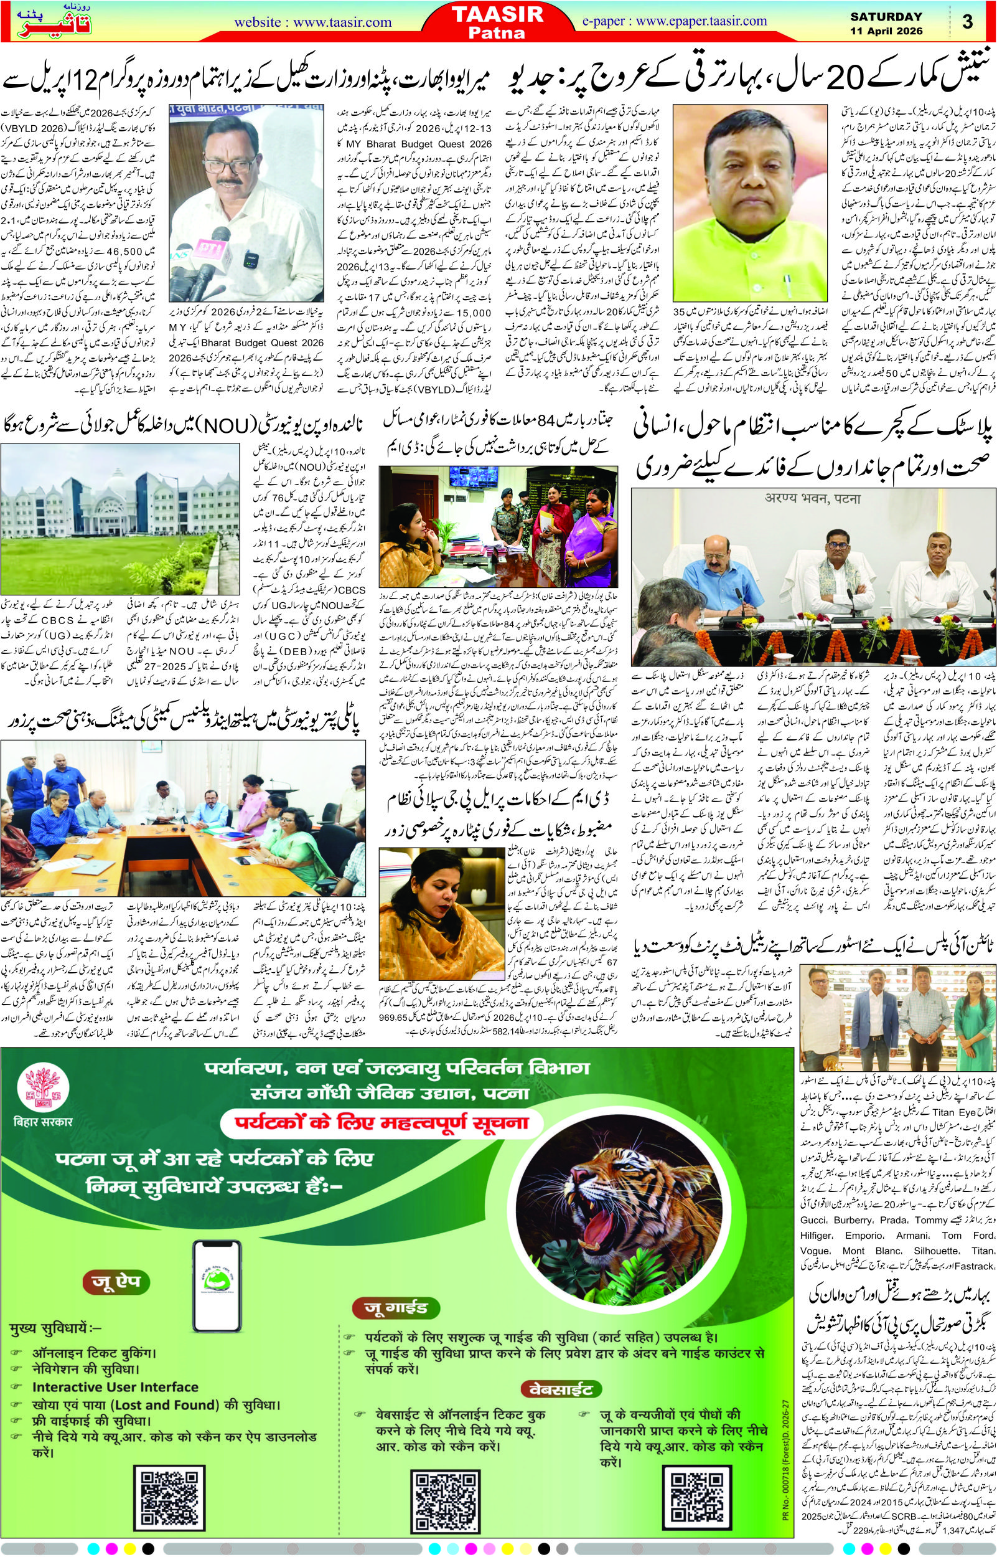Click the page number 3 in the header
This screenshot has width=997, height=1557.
[967, 21]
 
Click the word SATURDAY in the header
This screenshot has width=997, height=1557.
[886, 17]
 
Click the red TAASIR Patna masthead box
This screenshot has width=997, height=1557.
[498, 21]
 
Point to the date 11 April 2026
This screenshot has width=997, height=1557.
[886, 31]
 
